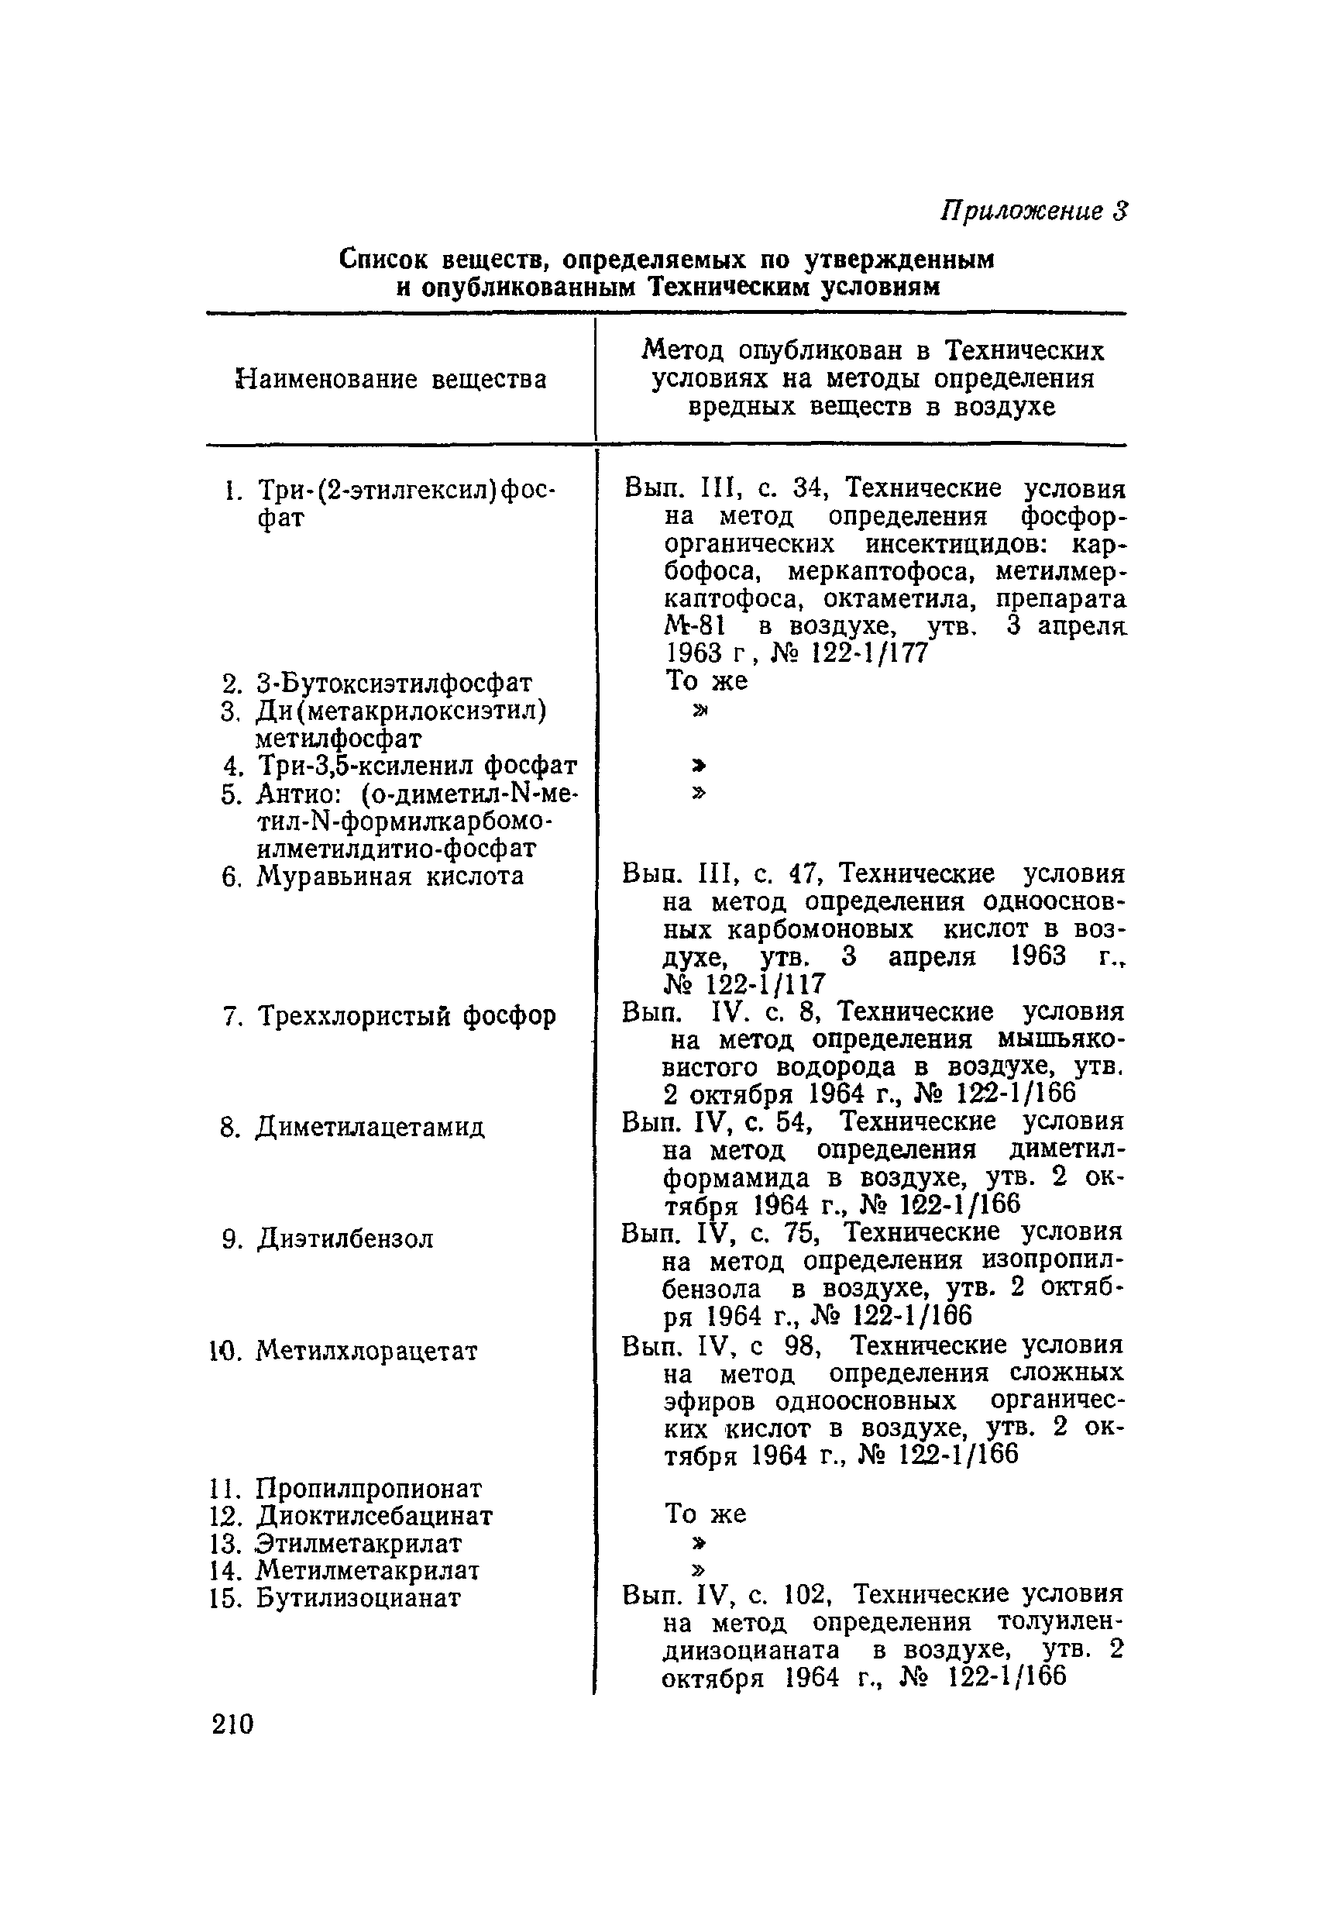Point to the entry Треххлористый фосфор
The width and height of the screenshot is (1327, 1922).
(406, 1015)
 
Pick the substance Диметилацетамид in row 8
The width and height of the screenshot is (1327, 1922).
(370, 1127)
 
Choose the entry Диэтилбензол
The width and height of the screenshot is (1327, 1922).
(344, 1238)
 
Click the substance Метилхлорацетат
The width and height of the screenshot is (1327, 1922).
(366, 1351)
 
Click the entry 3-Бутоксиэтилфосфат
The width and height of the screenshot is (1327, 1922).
(393, 683)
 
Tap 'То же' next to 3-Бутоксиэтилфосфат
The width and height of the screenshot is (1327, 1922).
(706, 681)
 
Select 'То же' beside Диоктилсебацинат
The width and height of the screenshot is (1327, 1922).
(705, 1514)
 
